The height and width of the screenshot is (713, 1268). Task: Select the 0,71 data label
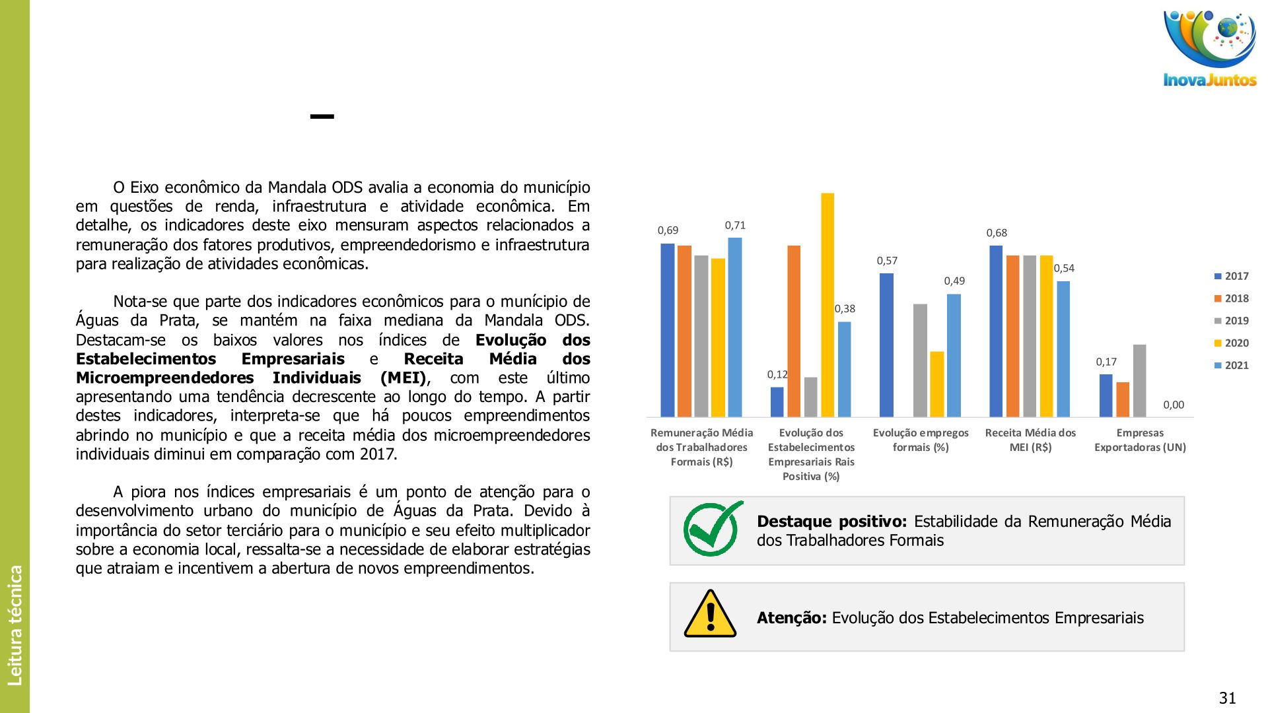[735, 225]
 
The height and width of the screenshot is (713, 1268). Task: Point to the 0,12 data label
[777, 374]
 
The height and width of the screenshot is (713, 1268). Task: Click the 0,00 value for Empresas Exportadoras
[1174, 405]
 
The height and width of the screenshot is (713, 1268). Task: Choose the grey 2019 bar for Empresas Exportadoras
[1139, 381]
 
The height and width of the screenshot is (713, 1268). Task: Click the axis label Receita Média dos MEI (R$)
[1030, 440]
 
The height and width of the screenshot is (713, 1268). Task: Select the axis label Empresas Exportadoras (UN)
[1140, 440]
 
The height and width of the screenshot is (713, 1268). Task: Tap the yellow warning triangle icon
[710, 615]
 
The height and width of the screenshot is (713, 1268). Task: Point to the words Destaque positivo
[831, 522]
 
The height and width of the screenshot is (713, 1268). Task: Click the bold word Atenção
[791, 618]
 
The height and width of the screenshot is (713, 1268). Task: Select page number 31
[1227, 698]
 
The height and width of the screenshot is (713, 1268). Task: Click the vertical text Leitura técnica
[15, 625]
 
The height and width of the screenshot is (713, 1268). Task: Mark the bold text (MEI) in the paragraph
[404, 378]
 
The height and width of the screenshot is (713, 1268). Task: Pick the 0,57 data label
[887, 261]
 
